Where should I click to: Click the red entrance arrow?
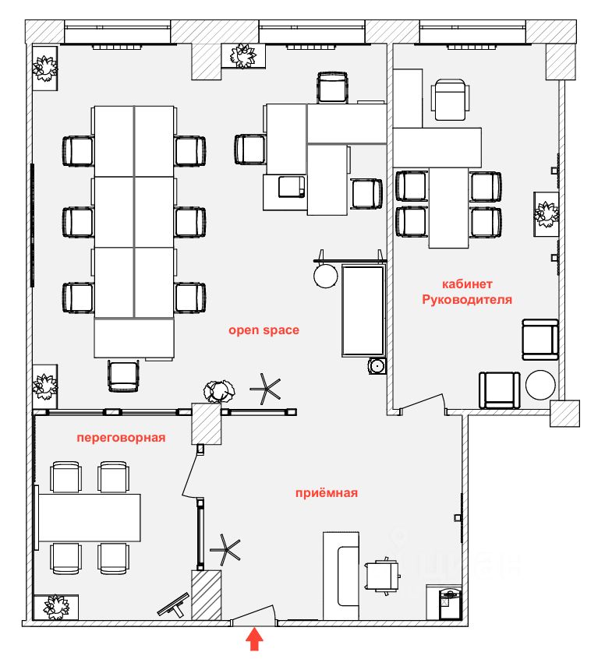[x=255, y=641]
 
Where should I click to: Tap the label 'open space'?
[x=264, y=330]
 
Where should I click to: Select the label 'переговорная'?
[x=121, y=438]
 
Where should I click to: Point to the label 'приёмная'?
[x=326, y=492]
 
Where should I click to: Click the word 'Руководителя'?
[x=467, y=299]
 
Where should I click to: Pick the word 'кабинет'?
[x=467, y=284]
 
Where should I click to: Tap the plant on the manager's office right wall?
[x=547, y=212]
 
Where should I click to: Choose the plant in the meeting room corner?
[x=56, y=606]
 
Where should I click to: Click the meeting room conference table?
[x=90, y=517]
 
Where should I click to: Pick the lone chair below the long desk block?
[x=123, y=375]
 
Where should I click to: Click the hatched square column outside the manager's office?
[x=565, y=413]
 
